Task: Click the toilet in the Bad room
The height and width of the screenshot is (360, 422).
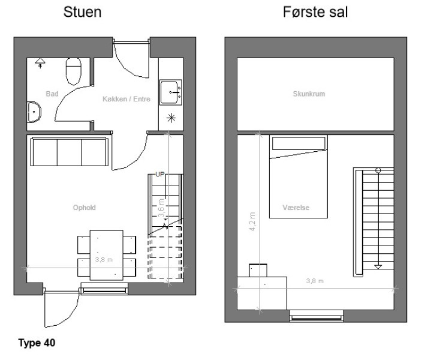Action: [x=74, y=71]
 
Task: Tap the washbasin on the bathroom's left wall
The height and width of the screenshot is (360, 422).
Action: [x=34, y=112]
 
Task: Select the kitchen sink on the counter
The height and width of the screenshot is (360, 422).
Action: [x=171, y=92]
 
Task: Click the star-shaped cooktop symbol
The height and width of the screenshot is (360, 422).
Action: [x=171, y=118]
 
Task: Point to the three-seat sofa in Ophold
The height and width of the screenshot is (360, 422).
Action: [x=70, y=151]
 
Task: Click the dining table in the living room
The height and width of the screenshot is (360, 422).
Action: [x=107, y=255]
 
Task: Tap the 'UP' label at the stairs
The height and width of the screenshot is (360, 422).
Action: [x=160, y=175]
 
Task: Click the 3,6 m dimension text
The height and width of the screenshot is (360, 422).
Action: [x=161, y=208]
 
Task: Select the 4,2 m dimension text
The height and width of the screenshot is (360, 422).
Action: [x=252, y=221]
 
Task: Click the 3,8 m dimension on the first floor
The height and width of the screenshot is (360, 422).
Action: [x=315, y=281]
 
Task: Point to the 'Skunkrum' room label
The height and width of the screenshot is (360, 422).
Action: [x=309, y=94]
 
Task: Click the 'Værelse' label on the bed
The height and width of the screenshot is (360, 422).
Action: [x=296, y=208]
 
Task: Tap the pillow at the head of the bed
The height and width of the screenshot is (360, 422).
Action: [x=299, y=143]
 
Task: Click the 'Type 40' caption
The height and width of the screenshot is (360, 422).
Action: [x=37, y=343]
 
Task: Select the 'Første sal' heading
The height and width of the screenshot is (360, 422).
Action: [x=315, y=12]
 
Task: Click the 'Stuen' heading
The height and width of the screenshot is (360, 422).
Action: [x=82, y=12]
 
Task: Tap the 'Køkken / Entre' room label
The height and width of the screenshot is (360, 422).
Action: [x=126, y=99]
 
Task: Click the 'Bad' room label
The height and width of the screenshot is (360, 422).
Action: [x=52, y=94]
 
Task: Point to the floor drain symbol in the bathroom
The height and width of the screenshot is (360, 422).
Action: [x=40, y=63]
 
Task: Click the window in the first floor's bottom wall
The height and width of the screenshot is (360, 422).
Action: [x=316, y=316]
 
